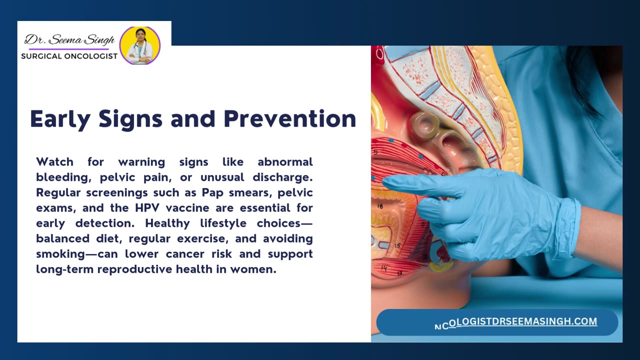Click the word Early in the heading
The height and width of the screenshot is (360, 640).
60,119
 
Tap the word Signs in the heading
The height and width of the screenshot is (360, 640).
130,119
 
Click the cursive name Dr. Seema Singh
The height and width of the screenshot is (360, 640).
69,40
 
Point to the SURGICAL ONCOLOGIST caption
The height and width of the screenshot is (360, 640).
69,56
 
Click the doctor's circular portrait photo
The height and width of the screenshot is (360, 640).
140,45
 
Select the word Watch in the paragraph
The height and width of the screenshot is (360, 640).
54,162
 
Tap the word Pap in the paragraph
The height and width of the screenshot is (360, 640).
212,193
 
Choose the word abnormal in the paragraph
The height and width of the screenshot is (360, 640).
285,162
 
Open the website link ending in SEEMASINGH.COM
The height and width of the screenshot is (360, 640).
515,322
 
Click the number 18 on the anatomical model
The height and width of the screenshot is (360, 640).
380,206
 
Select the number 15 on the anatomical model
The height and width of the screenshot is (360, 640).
397,245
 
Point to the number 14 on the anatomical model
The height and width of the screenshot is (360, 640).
384,268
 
